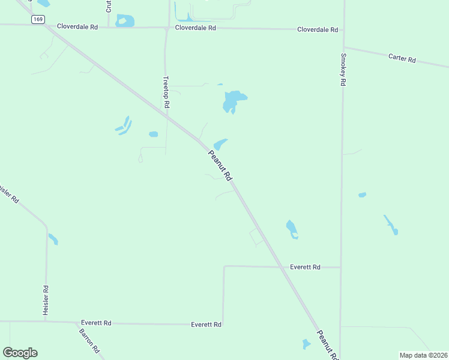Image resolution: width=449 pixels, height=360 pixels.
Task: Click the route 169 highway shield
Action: click(x=38, y=19)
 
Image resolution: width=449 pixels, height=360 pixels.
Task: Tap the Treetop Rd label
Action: click(x=167, y=92)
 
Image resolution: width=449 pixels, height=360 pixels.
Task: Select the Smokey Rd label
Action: click(x=343, y=70)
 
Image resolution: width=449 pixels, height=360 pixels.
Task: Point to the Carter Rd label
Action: click(x=402, y=58)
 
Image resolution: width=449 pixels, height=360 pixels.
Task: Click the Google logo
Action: click(x=20, y=353)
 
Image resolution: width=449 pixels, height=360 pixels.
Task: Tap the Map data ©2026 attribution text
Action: click(x=423, y=355)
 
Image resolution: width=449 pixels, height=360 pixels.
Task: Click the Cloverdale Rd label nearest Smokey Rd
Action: click(x=318, y=29)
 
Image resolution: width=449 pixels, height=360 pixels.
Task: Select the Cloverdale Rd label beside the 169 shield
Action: click(x=77, y=26)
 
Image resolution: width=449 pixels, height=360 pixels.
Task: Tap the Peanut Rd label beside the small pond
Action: click(x=220, y=165)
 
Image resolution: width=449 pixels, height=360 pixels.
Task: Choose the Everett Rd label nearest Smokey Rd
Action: click(x=305, y=267)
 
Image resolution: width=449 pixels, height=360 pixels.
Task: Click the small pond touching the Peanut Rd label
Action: click(x=220, y=144)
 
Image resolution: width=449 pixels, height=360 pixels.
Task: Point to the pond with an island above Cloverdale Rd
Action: click(x=125, y=21)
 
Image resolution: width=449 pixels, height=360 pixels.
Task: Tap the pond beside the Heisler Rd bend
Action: click(x=53, y=239)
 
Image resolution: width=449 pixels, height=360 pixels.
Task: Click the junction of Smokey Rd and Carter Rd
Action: click(x=343, y=47)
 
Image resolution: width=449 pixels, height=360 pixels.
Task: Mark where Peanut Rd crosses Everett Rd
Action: click(x=281, y=267)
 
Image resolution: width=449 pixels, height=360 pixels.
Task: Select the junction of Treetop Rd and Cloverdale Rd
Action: click(x=167, y=28)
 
